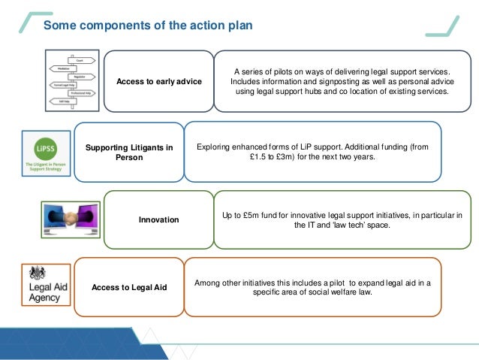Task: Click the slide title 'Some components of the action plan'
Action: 147,26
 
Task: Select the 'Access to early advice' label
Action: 158,81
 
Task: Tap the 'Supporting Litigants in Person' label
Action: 129,153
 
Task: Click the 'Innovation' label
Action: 158,220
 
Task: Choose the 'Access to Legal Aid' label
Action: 129,287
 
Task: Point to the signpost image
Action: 72,79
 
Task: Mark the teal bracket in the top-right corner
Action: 442,25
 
